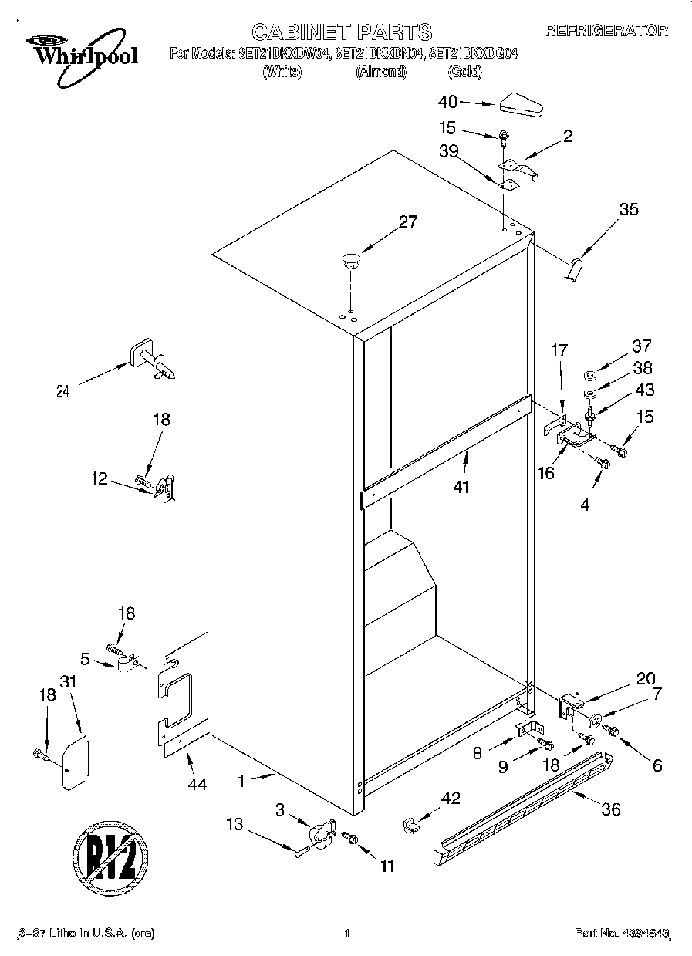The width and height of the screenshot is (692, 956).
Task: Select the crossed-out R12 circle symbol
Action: [110, 855]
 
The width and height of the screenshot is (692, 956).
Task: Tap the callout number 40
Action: [447, 102]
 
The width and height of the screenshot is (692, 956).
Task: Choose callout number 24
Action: [63, 391]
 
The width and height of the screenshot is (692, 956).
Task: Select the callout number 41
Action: [461, 487]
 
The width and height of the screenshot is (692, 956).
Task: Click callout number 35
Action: [630, 208]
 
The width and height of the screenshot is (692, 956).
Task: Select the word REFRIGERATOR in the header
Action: [606, 31]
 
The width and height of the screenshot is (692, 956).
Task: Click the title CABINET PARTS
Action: [342, 32]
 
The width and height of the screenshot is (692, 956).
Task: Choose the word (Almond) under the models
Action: [380, 72]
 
